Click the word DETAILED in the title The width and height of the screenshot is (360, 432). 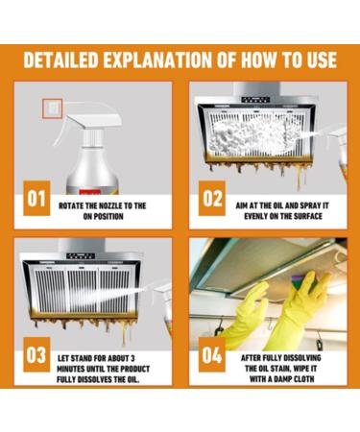point(60,60)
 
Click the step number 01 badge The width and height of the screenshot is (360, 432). point(36,199)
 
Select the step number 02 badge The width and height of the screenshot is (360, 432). point(212,199)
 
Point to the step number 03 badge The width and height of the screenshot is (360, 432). point(36,354)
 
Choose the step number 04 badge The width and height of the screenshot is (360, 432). point(212,354)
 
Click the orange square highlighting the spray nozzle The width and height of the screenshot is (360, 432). point(53,108)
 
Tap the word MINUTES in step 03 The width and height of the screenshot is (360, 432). point(70,369)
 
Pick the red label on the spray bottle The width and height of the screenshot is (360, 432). point(90,192)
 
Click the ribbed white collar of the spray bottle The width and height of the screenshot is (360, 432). point(92,137)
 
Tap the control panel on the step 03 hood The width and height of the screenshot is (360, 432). point(81,256)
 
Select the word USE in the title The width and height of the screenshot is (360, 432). point(323,60)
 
